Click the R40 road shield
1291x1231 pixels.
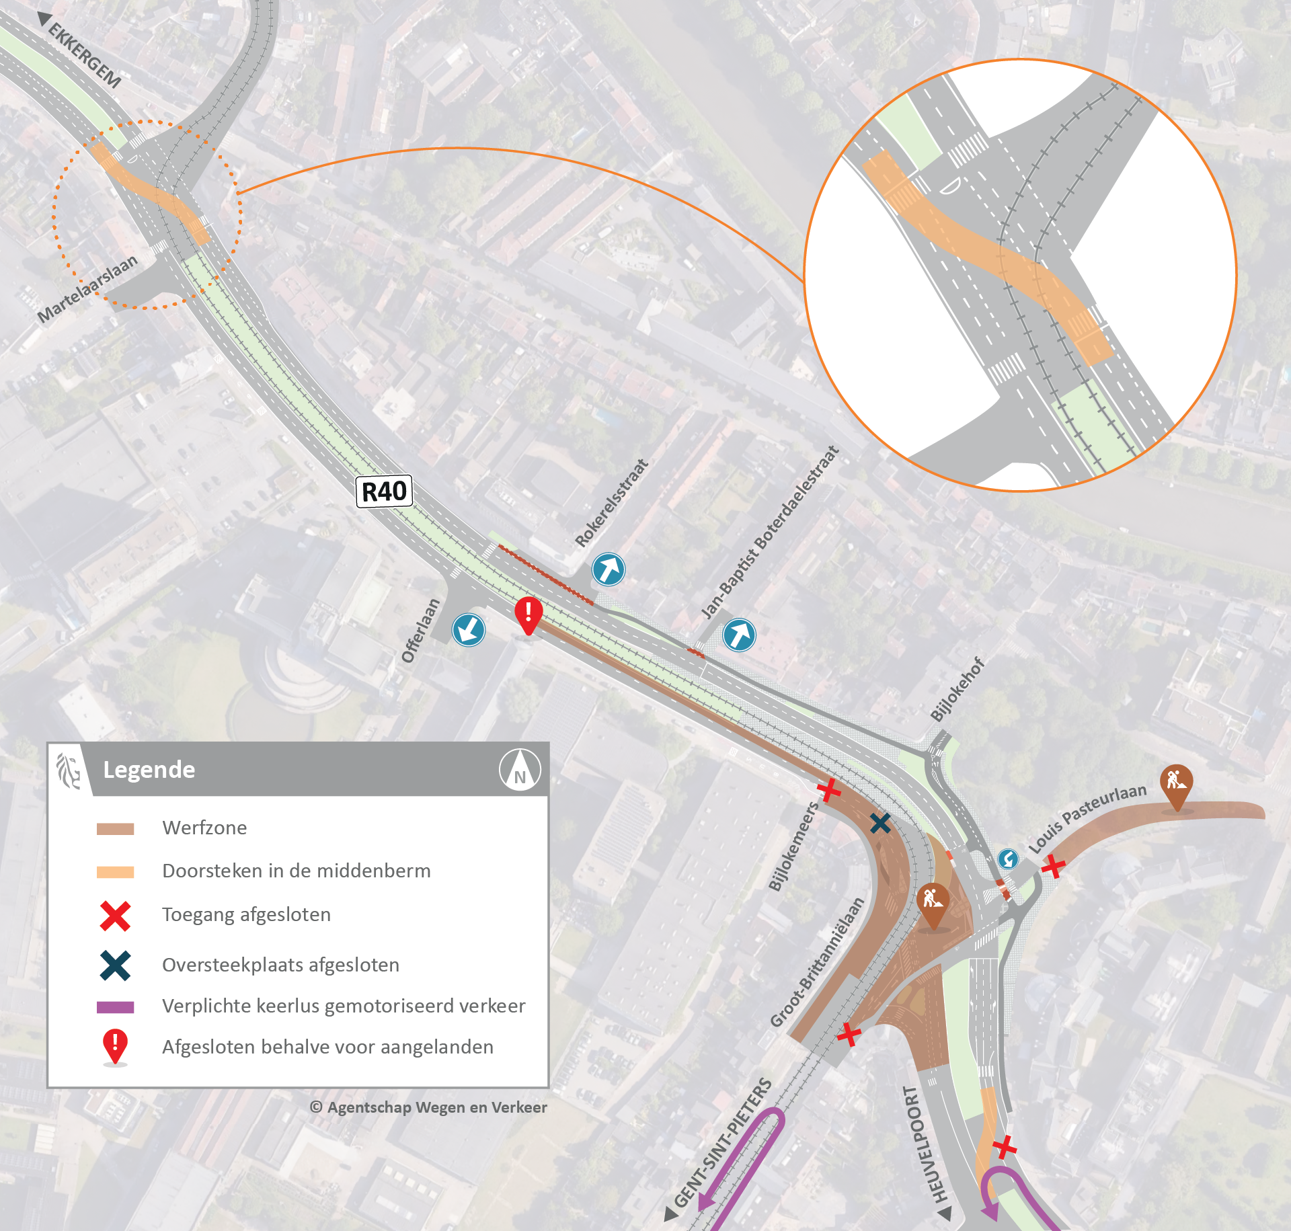pos(384,491)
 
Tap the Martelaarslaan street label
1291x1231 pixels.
pos(87,288)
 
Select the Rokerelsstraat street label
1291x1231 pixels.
pos(611,503)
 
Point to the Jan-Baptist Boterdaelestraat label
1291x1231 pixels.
pos(770,532)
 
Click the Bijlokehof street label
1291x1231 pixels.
pos(957,690)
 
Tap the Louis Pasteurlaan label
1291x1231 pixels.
pos(1087,818)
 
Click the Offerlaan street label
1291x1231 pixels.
pos(420,631)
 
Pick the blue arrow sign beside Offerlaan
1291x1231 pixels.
pos(469,630)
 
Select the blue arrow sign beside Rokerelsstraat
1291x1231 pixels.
pos(609,569)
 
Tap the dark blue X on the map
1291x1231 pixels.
pos(880,823)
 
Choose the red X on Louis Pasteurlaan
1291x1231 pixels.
pos(1053,867)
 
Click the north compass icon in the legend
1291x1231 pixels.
pos(520,770)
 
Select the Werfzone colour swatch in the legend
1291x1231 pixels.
pos(115,828)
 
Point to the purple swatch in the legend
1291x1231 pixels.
pos(115,1006)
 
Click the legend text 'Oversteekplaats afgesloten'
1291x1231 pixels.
pos(280,965)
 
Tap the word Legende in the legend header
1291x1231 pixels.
pos(149,770)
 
